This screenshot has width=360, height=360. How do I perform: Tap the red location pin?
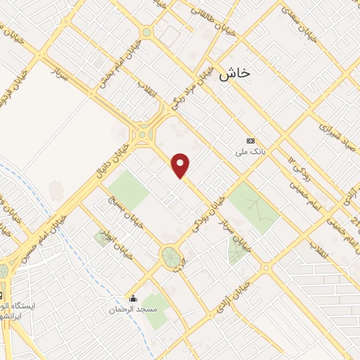(181, 166)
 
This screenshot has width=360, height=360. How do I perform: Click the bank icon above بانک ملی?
(250, 140)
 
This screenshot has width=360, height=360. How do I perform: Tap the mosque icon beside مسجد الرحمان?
(132, 298)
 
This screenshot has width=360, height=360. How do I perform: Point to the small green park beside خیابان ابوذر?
(101, 237)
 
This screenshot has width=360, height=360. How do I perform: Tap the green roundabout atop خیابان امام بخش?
(146, 32)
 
